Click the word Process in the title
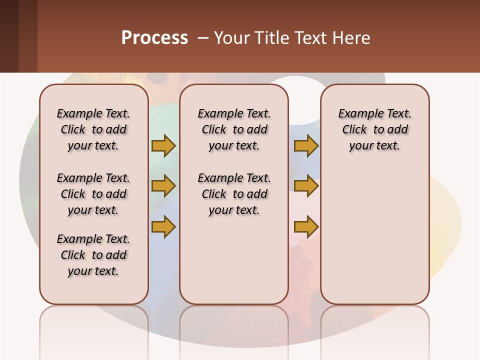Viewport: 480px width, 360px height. [154, 38]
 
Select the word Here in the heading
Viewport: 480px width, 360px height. [352, 38]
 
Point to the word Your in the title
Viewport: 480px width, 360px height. [232, 38]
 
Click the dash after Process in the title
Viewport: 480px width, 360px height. [203, 38]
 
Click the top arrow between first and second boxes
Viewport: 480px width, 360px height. [163, 145]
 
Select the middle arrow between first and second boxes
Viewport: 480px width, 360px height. [163, 186]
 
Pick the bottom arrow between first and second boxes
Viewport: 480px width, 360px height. [163, 226]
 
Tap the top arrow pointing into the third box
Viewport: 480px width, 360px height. [306, 145]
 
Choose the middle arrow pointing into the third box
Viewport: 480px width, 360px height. [306, 186]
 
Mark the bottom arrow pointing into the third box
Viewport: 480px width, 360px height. [306, 226]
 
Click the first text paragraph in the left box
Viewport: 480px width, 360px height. [93, 129]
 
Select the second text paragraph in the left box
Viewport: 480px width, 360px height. [93, 194]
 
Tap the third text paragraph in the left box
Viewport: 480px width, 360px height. [93, 255]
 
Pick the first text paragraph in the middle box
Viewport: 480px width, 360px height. [234, 129]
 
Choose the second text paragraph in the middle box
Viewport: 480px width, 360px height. [234, 194]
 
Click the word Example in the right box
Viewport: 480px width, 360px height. [356, 114]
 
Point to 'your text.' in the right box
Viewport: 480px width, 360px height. [374, 146]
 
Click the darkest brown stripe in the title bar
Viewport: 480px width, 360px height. [9, 36]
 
